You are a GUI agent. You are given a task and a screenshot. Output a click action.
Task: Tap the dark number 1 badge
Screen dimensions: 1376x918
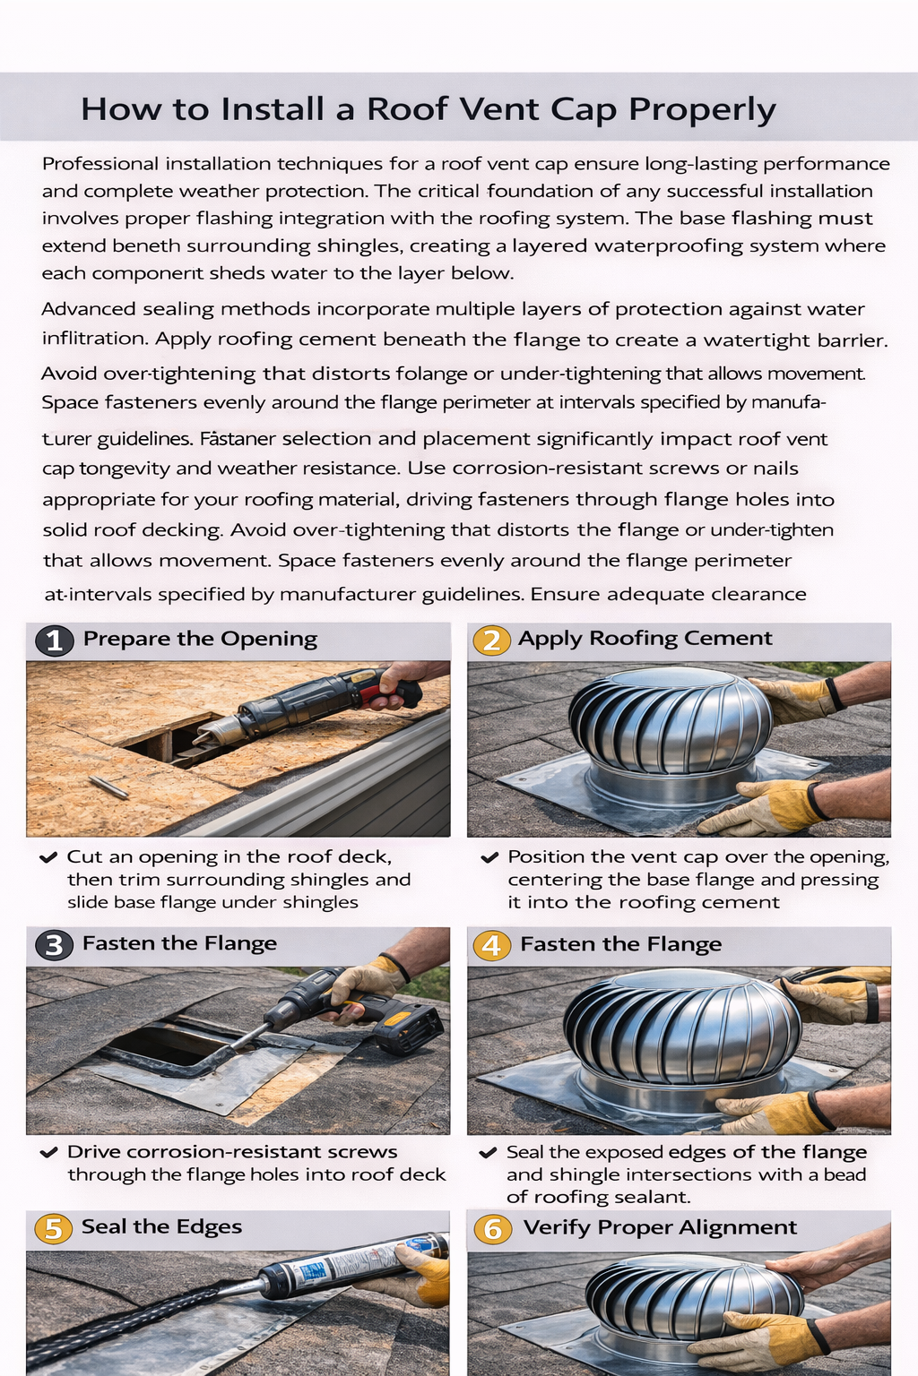(54, 641)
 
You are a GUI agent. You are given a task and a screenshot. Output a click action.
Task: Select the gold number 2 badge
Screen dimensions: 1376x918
(491, 641)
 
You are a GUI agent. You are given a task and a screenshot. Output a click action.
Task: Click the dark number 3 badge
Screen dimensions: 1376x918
(54, 945)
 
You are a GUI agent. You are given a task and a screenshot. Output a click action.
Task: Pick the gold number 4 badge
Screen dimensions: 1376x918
(491, 945)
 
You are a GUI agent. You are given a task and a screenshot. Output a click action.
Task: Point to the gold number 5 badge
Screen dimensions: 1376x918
(53, 1228)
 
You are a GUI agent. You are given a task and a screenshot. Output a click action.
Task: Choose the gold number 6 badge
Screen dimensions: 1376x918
(492, 1228)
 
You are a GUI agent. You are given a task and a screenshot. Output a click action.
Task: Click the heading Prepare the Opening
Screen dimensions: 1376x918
(200, 639)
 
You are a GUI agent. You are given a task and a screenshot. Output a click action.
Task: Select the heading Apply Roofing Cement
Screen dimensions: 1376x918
(645, 638)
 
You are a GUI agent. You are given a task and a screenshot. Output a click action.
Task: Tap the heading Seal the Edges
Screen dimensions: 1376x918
(161, 1226)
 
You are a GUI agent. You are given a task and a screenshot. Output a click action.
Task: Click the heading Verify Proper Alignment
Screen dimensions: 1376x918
(660, 1227)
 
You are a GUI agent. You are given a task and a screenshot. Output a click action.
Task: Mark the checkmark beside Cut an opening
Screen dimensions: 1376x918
(48, 857)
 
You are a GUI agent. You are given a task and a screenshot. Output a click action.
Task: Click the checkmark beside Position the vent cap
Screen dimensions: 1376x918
(489, 857)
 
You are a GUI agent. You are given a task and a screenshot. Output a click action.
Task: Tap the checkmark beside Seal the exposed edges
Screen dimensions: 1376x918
(488, 1152)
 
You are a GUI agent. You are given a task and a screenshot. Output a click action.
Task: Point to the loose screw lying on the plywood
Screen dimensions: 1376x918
(108, 787)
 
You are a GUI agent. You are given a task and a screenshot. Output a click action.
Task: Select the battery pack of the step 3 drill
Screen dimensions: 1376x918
(409, 1029)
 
